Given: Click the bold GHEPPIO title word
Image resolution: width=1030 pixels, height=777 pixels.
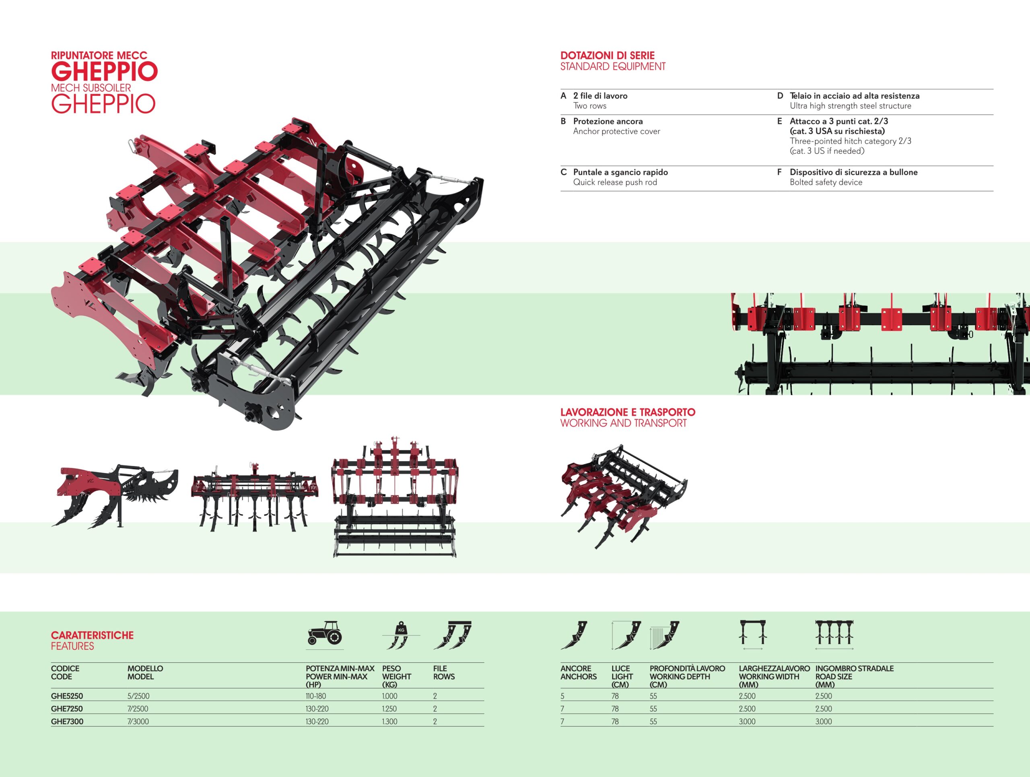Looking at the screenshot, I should click(x=104, y=71).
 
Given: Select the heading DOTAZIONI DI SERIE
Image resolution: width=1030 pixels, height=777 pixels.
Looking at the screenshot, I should click(x=607, y=56).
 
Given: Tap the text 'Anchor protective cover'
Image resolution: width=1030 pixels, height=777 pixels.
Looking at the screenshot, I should click(x=616, y=131).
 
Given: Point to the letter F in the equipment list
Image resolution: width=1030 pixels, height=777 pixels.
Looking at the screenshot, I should click(x=779, y=172).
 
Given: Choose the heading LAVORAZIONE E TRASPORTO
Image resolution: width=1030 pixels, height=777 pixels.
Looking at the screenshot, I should click(x=627, y=412).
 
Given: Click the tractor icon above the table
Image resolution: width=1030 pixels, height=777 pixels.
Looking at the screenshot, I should click(x=325, y=633).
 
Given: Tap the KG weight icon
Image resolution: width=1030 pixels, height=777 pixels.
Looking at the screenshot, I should click(x=400, y=635).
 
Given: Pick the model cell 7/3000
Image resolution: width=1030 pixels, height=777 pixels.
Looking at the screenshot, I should click(x=138, y=721).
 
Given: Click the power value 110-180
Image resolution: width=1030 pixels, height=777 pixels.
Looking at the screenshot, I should click(x=316, y=696).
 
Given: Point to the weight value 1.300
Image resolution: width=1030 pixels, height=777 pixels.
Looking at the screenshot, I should click(x=389, y=721).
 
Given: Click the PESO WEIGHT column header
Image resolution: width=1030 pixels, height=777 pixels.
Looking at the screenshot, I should click(x=396, y=676).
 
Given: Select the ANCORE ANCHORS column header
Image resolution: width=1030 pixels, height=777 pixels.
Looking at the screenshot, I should click(x=578, y=672).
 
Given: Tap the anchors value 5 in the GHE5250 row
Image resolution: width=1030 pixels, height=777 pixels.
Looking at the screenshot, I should click(x=562, y=697).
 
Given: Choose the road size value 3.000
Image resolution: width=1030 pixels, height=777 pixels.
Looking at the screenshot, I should click(x=823, y=721).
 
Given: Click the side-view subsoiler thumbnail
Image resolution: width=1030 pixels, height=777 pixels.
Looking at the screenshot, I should click(x=115, y=495).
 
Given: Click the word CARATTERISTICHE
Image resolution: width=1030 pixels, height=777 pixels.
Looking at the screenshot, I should click(x=92, y=635).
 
